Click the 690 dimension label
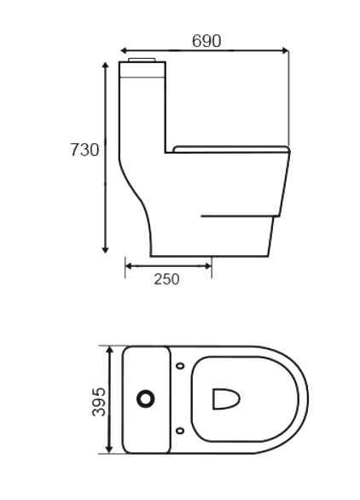(206, 40)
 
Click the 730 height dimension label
(84, 150)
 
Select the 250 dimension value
(167, 279)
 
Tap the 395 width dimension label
(98, 400)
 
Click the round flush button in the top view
(146, 398)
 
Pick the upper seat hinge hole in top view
(180, 366)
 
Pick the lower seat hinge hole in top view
(180, 430)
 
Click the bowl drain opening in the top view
(225, 398)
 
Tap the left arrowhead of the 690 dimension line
(125, 50)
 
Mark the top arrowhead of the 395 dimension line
(109, 349)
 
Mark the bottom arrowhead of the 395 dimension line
(109, 450)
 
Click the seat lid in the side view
(230, 149)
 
